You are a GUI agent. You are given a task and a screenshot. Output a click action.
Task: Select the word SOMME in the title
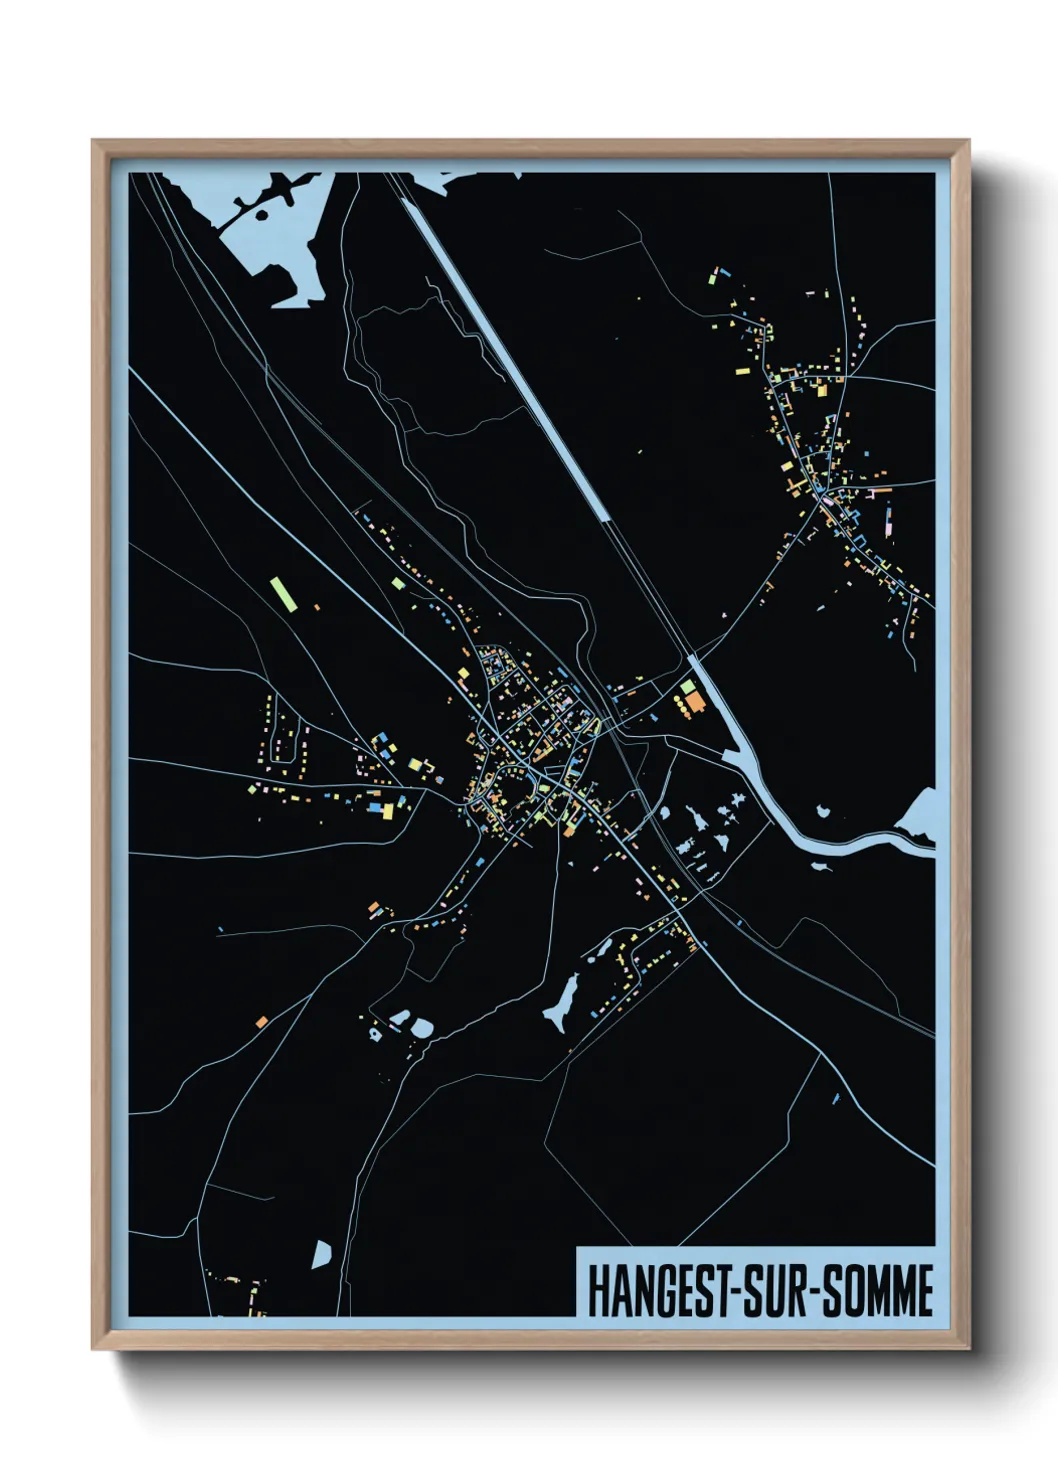(x=879, y=1290)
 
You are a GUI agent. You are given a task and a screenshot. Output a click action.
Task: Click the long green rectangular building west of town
(x=282, y=593)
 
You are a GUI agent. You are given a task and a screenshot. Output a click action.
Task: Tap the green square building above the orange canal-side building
(x=687, y=687)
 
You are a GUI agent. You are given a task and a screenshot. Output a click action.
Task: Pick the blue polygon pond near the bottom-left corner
(x=322, y=1254)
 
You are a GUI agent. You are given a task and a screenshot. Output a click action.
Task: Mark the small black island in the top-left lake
(x=262, y=213)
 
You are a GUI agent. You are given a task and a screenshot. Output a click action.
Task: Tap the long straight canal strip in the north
(x=510, y=350)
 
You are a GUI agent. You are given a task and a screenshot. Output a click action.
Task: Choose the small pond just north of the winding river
(x=823, y=812)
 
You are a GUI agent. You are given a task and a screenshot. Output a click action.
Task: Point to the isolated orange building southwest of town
(x=261, y=1021)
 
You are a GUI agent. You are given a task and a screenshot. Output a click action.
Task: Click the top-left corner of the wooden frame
(x=93, y=141)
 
